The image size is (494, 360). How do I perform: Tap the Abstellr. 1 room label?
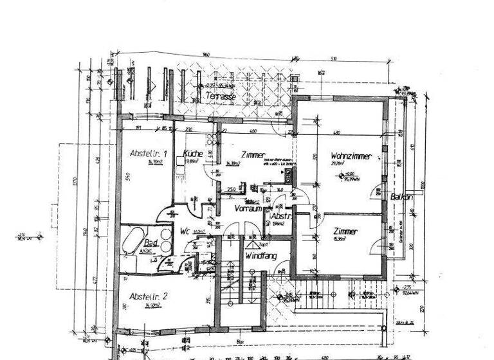149,154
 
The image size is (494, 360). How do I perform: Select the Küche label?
193,154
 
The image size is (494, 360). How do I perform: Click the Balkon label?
401,197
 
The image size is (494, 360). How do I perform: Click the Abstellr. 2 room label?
149,296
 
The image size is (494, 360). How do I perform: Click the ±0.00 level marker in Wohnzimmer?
350,174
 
